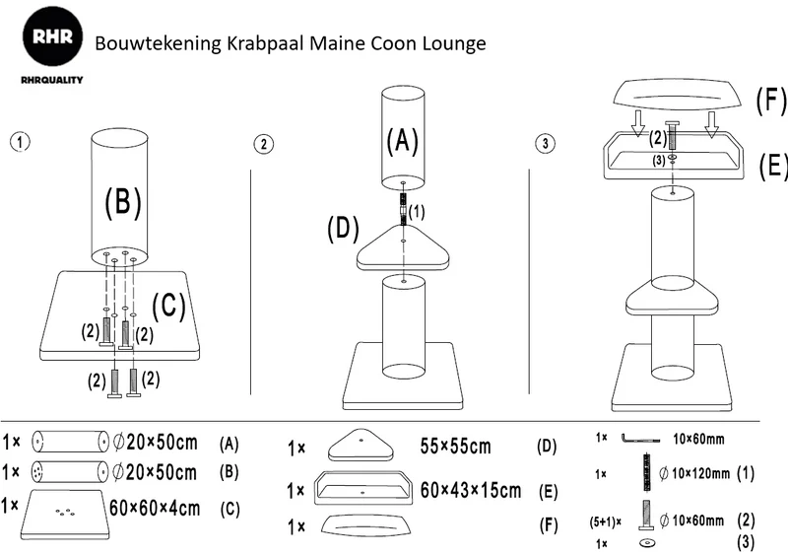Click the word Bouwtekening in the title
[x=158, y=43]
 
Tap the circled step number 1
[x=20, y=141]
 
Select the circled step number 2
[x=263, y=144]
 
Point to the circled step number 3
[x=546, y=143]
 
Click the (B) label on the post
[x=123, y=201]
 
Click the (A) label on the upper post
[x=403, y=140]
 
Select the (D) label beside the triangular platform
[x=343, y=229]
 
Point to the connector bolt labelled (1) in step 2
[x=403, y=209]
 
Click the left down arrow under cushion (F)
[x=637, y=124]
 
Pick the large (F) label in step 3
[x=771, y=101]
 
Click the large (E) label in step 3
[x=772, y=165]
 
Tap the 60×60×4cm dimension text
[x=155, y=509]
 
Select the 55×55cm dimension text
[x=455, y=446]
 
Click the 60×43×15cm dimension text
[x=471, y=490]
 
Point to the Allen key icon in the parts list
[x=639, y=438]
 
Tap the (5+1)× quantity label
[x=605, y=521]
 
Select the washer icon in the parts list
[x=647, y=543]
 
